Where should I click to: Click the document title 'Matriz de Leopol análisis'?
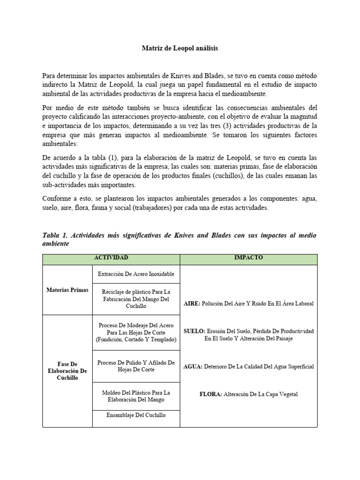[180, 48]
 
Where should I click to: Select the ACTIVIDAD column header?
[111, 258]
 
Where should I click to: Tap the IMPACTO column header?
[249, 258]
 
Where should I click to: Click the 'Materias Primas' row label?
[67, 290]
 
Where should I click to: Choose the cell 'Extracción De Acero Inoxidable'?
[136, 274]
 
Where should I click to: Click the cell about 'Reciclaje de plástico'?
[136, 299]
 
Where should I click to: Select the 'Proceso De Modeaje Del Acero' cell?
[136, 332]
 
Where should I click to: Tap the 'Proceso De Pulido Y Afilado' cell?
[136, 366]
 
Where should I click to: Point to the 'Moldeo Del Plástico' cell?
[136, 396]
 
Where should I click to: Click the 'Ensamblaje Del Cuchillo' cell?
[136, 415]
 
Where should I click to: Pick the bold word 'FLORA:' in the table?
[210, 394]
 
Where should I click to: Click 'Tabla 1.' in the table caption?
[55, 235]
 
